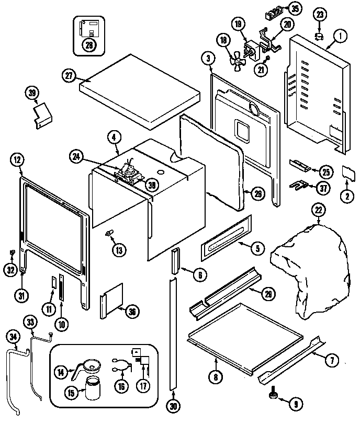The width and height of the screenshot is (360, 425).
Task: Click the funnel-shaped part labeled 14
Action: pyautogui.click(x=90, y=366)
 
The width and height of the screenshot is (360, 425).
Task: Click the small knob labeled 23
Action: pyautogui.click(x=318, y=35)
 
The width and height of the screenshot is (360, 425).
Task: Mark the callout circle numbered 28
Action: pyautogui.click(x=89, y=45)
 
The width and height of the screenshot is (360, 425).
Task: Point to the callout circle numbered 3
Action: pyautogui.click(x=208, y=57)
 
